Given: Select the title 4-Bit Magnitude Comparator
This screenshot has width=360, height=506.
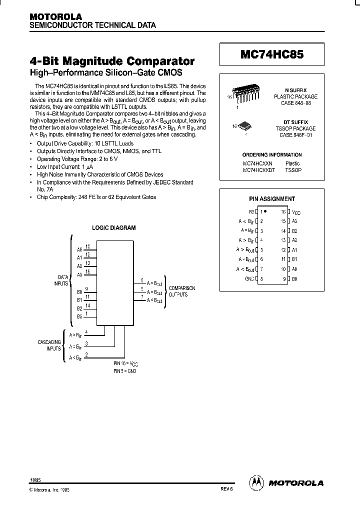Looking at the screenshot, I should (x=112, y=61).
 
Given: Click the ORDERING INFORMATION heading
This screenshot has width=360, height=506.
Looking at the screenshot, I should (x=272, y=155).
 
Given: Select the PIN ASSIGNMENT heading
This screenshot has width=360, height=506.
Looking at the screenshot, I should (x=272, y=198).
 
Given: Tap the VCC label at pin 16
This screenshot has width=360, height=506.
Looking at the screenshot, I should (x=296, y=212).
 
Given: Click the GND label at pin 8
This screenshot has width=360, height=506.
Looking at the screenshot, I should (x=249, y=278).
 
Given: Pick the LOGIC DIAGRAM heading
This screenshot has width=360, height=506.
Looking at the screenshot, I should (x=114, y=227).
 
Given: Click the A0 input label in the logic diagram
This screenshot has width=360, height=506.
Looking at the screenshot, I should (x=79, y=248).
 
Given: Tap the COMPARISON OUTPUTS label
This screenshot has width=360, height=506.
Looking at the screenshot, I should (x=181, y=291).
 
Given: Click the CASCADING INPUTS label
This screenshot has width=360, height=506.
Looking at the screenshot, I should (x=49, y=345).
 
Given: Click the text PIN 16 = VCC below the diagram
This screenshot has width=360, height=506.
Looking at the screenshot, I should (x=125, y=363).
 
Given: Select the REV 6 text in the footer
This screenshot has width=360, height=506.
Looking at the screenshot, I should (x=227, y=489).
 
